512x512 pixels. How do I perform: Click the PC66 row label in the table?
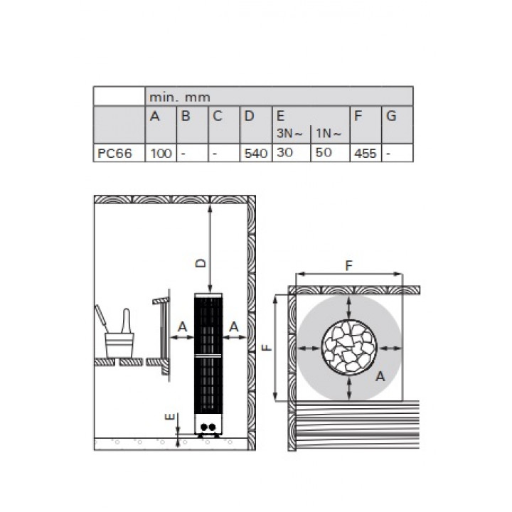pyautogui.click(x=114, y=153)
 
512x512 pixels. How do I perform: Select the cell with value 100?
pyautogui.click(x=161, y=153)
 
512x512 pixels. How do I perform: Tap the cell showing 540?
pyautogui.click(x=256, y=153)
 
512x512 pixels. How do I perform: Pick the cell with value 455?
pyautogui.click(x=366, y=153)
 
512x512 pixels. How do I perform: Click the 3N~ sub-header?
pyautogui.click(x=289, y=133)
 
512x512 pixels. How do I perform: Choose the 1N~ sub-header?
pyautogui.click(x=329, y=133)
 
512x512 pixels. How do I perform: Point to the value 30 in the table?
pyautogui.click(x=284, y=152)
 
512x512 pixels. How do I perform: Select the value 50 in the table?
pyautogui.click(x=324, y=152)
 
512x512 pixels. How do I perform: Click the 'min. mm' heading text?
pyautogui.click(x=180, y=97)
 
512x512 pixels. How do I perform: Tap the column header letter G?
pyautogui.click(x=391, y=116)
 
